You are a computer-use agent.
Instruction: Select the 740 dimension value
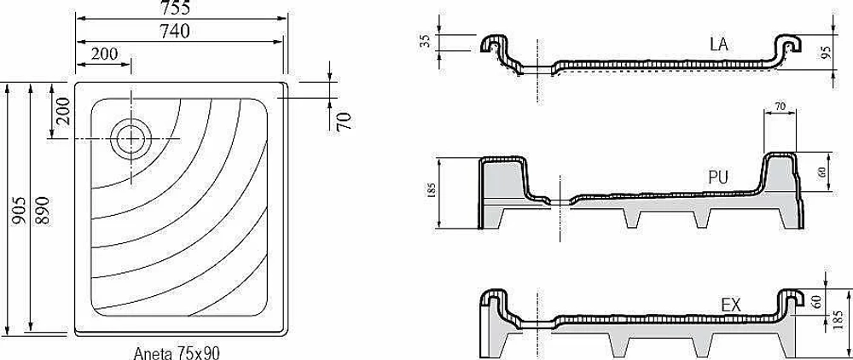click(175, 32)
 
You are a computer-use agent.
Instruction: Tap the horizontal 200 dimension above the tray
click(104, 54)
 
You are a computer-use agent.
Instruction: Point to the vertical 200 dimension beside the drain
click(63, 112)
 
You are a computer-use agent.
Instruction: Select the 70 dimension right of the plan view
click(344, 121)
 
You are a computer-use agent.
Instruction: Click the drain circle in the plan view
click(131, 140)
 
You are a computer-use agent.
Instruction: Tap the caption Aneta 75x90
click(177, 353)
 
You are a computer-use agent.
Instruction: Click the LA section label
click(718, 44)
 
